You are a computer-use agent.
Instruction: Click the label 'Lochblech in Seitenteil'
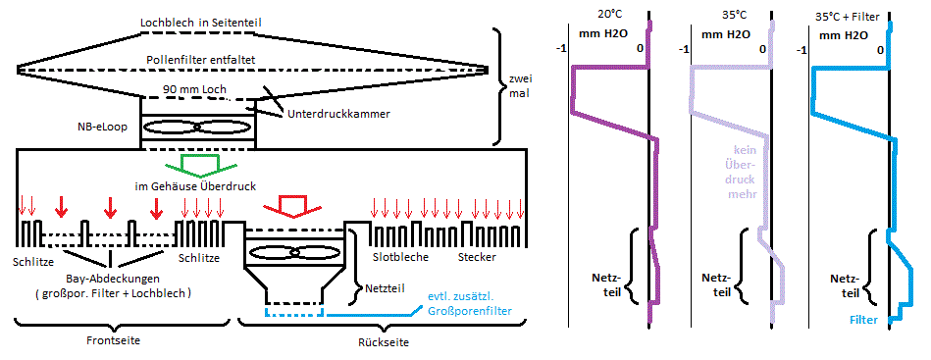pos(201,24)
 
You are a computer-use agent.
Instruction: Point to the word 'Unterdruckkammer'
pos(339,114)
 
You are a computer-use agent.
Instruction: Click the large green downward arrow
pos(193,166)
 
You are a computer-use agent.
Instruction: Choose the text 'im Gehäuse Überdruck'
pos(196,186)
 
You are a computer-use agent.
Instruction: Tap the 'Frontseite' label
pos(120,340)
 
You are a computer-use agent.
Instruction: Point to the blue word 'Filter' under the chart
pos(863,320)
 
